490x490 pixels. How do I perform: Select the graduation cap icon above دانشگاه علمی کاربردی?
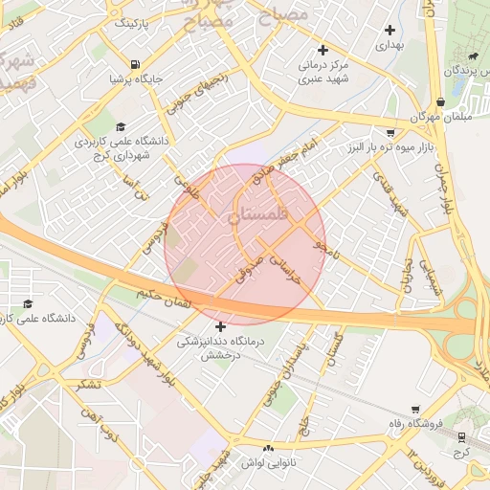pos(120,126)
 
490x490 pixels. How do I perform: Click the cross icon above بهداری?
pos(390,30)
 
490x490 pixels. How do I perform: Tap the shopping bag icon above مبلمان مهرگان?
pos(439,101)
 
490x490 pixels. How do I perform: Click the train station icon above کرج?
pos(465,434)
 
